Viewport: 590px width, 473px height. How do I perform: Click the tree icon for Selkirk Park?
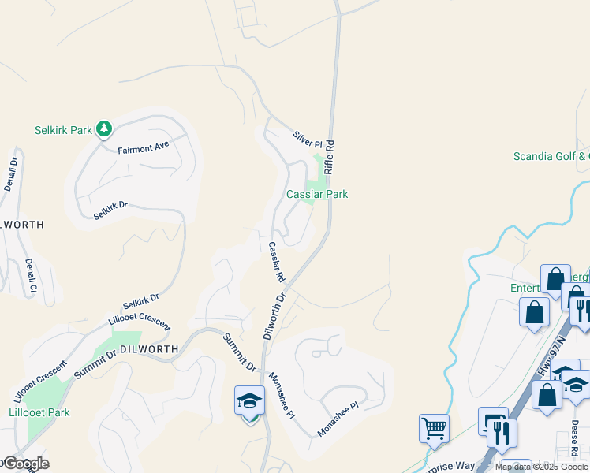pos(103,128)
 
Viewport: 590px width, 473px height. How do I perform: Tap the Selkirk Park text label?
pos(64,130)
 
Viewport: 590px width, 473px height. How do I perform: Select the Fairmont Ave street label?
pos(144,147)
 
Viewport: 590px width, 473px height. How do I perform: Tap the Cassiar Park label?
pos(317,194)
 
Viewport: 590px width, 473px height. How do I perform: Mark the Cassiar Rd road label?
pos(275,262)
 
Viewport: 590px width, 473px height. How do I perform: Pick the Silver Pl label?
pos(308,140)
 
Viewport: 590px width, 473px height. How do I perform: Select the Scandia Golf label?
pos(551,156)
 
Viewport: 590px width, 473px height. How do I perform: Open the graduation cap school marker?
pos(249,401)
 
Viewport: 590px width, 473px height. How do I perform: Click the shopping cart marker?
pos(435,430)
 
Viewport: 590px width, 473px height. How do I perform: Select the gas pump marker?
pos(491,421)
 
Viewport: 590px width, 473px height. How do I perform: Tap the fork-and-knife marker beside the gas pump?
pos(502,432)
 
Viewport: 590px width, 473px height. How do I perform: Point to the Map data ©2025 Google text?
pos(541,467)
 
